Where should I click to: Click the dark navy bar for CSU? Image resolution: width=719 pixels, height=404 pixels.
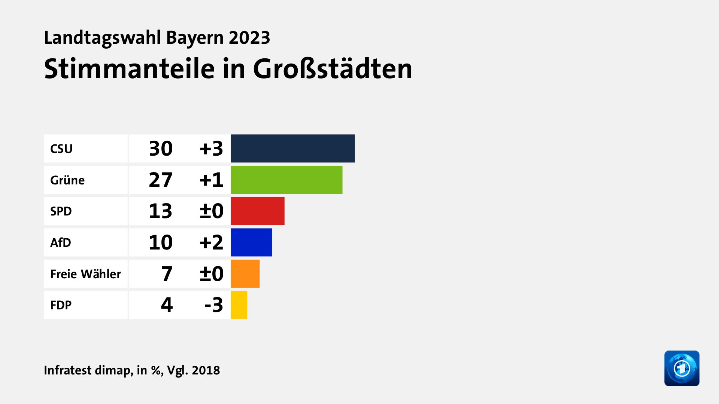point(292,149)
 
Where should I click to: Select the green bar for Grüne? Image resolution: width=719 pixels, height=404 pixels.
point(286,180)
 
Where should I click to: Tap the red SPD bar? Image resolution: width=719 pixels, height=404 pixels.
point(258,211)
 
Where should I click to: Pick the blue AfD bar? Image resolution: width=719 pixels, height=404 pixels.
point(251,242)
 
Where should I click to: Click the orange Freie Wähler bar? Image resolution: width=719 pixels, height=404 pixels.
point(245,274)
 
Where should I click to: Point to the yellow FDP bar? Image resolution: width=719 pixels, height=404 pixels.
point(239,305)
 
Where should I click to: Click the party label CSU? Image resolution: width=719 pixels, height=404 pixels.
point(61,149)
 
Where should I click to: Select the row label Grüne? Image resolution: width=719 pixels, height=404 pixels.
point(67,180)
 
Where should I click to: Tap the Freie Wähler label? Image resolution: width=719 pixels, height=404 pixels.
point(85,274)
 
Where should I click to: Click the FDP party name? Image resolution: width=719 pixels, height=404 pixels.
point(61,305)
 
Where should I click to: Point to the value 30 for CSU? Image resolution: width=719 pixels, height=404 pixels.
point(161,149)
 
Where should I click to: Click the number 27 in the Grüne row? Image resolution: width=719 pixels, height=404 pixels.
point(161,180)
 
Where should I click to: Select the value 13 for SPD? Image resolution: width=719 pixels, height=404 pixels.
point(161,211)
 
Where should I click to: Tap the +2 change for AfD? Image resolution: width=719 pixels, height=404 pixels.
point(211,242)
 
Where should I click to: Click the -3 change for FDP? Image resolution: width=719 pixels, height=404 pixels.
point(214,305)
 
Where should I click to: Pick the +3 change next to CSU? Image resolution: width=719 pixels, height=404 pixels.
point(211,149)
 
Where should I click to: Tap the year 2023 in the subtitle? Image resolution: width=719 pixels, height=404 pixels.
point(249,38)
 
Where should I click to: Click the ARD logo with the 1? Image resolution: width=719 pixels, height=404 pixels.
point(682,368)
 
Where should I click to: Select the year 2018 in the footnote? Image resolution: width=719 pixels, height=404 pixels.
point(206,370)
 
